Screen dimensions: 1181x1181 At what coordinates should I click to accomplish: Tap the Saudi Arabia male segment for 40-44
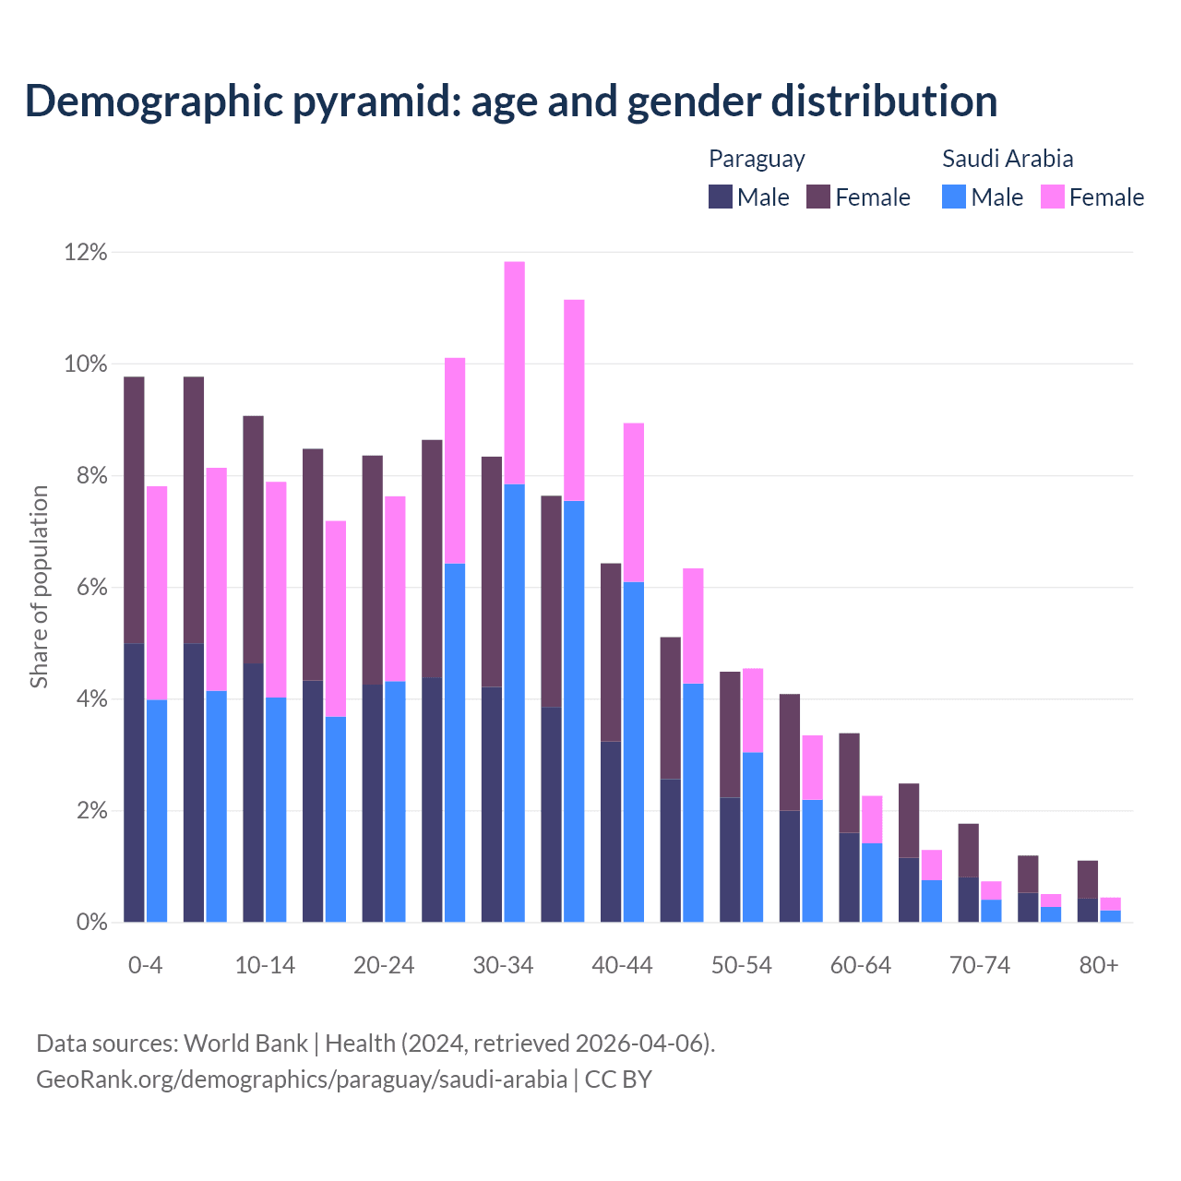point(634,752)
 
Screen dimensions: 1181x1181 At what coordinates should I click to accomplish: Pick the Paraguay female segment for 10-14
point(253,540)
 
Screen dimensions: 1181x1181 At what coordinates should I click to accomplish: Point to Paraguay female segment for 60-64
point(849,783)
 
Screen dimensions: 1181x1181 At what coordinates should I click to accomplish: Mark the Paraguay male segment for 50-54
point(730,859)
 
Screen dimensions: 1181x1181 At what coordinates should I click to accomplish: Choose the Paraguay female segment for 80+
point(1088,879)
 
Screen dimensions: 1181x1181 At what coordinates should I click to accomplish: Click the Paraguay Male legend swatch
point(721,197)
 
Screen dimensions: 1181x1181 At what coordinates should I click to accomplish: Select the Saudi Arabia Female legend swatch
point(1053,197)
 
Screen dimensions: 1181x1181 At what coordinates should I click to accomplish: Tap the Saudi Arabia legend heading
point(1008,159)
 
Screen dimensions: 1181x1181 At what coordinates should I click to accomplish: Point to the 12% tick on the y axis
point(86,252)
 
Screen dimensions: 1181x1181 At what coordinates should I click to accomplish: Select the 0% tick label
point(91,922)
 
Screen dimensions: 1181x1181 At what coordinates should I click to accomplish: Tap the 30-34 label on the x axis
point(503,965)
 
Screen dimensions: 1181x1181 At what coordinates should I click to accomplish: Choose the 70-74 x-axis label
point(980,965)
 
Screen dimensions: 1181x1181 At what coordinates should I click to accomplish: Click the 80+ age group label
point(1099,965)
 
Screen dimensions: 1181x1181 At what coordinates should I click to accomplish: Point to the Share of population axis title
point(39,587)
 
